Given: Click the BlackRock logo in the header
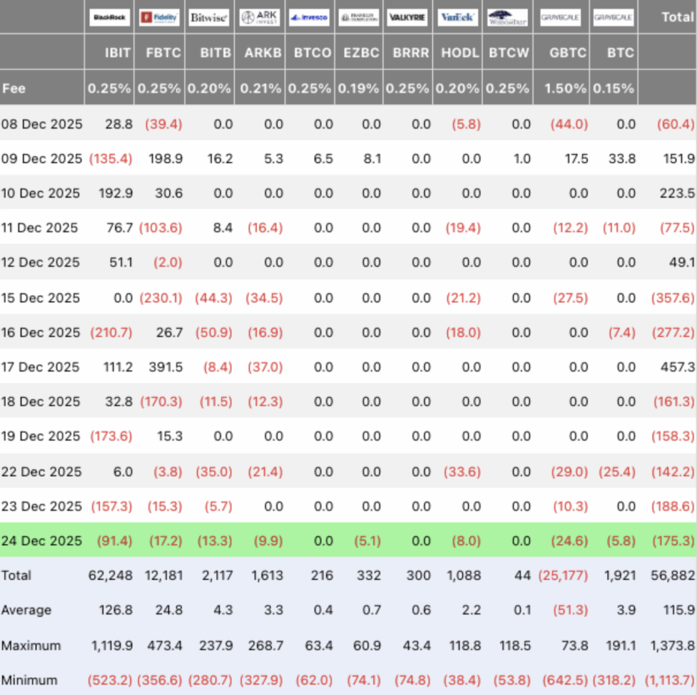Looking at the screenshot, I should point(110,18).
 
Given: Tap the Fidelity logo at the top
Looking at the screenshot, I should point(159,18).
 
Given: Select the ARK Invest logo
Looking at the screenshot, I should point(259,18).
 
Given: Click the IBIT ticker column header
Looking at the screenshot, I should point(118,53).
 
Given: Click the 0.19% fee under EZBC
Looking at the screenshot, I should point(360,88).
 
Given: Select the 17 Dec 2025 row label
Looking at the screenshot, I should point(41,367).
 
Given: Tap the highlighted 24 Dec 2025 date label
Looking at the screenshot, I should point(42,541).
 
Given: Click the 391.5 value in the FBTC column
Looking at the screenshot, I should point(165,367).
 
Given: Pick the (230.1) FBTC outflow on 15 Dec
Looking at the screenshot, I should point(161,298).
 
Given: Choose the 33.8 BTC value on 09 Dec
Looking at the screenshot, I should point(621,158).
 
